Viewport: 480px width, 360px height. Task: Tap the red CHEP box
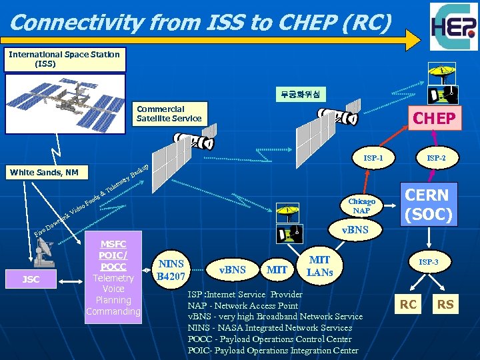pos(434,119)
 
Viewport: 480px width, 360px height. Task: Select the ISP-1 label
pos(373,159)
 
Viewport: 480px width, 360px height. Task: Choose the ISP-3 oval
pos(429,263)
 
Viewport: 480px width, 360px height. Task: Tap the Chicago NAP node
pos(361,206)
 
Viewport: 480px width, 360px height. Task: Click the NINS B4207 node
pos(171,269)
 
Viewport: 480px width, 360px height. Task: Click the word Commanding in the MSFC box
pos(113,311)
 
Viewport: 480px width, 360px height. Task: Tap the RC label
pos(408,305)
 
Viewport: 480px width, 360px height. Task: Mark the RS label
pos(445,305)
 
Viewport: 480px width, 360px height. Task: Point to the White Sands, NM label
pos(44,173)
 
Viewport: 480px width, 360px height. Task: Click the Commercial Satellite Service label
pos(169,113)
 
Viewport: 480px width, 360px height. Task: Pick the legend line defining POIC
pos(273,351)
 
